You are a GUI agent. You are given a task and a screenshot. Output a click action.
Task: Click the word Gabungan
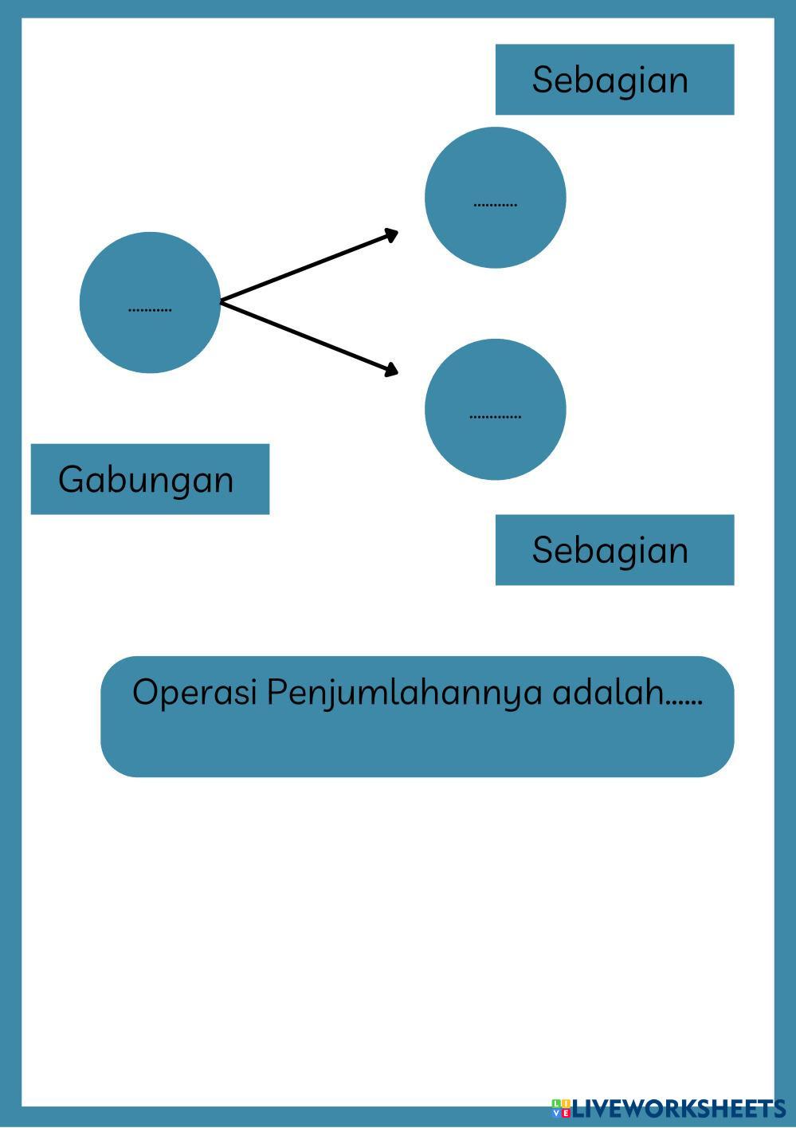point(146,480)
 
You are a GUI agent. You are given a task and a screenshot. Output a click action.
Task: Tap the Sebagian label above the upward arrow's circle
point(610,80)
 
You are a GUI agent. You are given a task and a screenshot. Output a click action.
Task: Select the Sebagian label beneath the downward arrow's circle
point(610,550)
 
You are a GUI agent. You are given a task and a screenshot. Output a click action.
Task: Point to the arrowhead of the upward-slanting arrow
point(391,234)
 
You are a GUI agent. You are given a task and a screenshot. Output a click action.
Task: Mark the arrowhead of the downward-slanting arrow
point(391,369)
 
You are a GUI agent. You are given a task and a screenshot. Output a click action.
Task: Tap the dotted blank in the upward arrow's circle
point(495,205)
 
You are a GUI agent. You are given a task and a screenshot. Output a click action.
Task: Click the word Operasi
point(194,692)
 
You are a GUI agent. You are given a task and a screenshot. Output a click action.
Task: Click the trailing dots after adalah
point(684,702)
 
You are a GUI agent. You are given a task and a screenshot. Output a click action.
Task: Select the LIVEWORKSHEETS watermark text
point(679,1108)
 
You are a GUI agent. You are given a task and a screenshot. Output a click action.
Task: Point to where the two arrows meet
point(222,301)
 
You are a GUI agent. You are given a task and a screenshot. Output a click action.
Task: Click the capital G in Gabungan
point(71,479)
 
